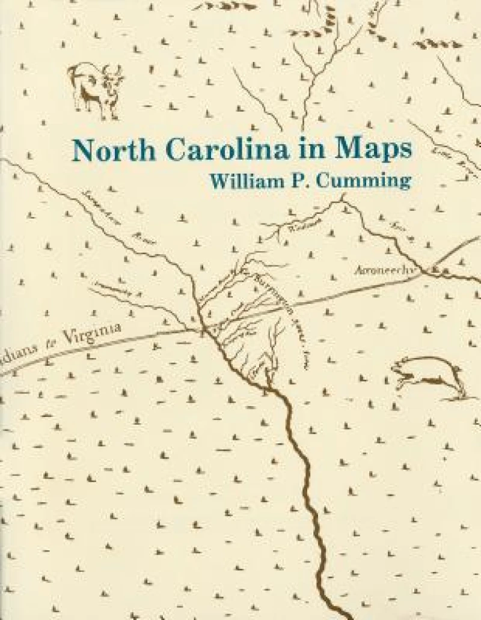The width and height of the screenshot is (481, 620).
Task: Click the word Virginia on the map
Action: pos(96,334)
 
